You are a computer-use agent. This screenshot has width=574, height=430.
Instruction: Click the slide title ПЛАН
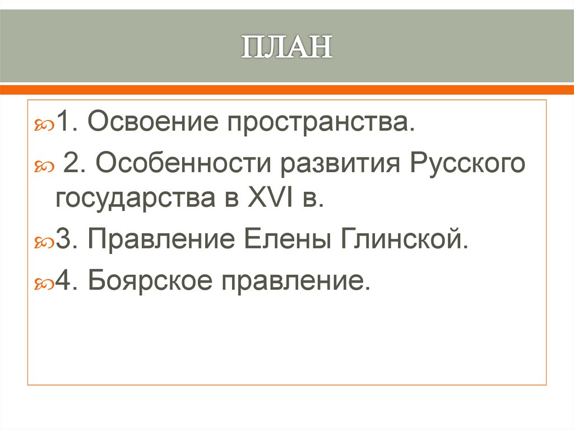[x=286, y=48]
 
